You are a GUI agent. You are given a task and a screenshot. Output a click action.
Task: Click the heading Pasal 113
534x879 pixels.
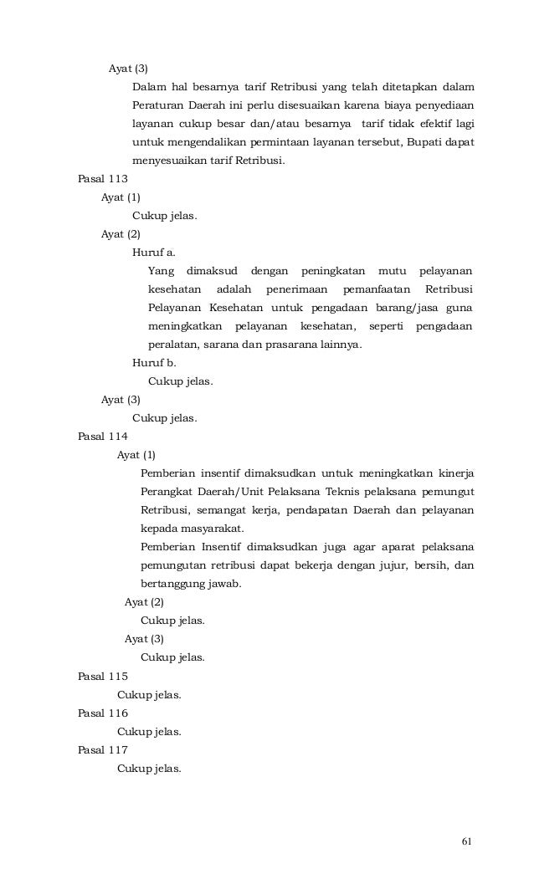pos(102,179)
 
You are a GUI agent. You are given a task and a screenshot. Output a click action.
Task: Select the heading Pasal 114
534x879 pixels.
pos(102,435)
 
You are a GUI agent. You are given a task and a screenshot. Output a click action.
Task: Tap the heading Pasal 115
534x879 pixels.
pos(102,676)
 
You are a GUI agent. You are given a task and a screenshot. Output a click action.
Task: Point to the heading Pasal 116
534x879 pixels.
pos(102,713)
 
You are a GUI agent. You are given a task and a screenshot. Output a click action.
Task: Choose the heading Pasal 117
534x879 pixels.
pos(102,749)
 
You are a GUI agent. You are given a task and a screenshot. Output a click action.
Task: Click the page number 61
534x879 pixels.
pos(467,841)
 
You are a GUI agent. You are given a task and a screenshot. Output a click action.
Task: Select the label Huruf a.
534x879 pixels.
pos(154,252)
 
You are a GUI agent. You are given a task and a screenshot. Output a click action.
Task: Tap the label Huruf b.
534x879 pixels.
pos(154,363)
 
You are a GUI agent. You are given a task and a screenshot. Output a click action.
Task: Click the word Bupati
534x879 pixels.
pos(427,141)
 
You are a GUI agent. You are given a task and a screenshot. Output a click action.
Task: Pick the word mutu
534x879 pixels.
pos(392,270)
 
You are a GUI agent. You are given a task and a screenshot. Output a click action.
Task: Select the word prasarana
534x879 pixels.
pos(289,344)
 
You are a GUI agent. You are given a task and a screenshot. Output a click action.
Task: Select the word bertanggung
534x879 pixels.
pos(173,584)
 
